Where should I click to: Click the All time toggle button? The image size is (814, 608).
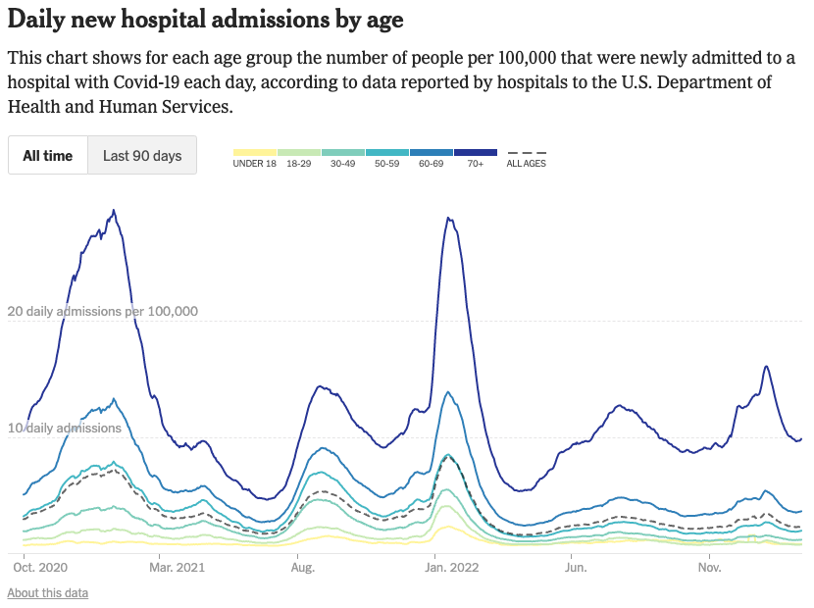tap(48, 155)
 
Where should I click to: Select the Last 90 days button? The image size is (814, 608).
tap(142, 155)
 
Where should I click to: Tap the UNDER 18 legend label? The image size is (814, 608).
tap(254, 164)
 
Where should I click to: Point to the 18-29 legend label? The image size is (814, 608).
tap(299, 164)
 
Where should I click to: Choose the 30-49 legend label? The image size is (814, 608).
tap(343, 164)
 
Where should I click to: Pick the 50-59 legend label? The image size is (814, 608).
tap(387, 164)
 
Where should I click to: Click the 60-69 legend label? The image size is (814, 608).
tap(432, 164)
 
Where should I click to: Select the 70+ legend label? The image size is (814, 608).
tap(476, 164)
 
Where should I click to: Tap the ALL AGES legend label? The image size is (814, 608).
tap(527, 164)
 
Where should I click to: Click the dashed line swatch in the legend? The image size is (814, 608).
tap(527, 153)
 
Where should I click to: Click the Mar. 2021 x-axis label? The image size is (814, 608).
tap(178, 567)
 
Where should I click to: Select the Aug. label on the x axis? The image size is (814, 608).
tap(302, 567)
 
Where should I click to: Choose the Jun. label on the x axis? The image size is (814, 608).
tap(575, 567)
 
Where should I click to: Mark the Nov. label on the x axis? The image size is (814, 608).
tap(710, 567)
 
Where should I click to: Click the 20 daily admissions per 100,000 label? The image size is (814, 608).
tap(103, 312)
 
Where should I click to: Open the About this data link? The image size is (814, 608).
tap(47, 593)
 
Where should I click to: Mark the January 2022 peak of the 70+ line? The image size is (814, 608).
tap(448, 218)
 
